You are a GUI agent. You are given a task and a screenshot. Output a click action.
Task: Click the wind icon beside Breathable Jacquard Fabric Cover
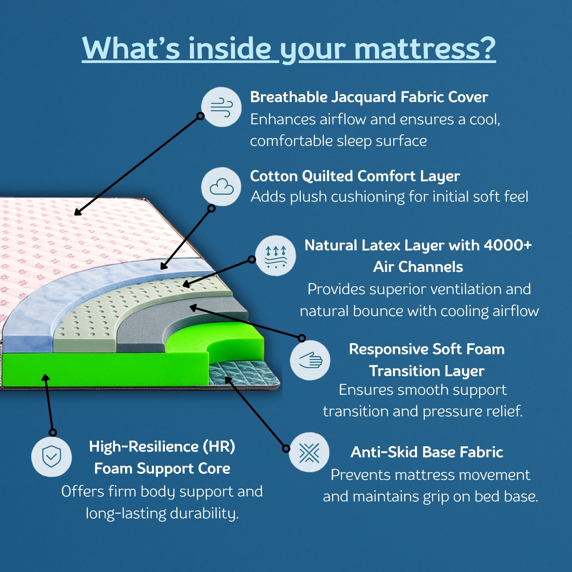click(221, 107)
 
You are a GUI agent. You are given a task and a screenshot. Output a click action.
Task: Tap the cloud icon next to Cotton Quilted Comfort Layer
click(221, 186)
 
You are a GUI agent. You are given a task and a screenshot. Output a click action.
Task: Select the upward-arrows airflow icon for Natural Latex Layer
click(276, 256)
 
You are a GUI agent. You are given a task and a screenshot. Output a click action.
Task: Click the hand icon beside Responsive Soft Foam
click(310, 360)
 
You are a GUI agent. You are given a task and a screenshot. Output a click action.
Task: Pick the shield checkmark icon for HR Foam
click(52, 457)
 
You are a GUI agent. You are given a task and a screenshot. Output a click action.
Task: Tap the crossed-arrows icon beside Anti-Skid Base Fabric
click(309, 452)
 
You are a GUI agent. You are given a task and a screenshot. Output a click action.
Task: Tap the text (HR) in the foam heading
click(219, 447)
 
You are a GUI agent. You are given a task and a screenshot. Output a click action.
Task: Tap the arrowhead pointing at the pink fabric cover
click(78, 212)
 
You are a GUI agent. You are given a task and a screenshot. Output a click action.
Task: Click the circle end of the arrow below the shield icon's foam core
click(53, 433)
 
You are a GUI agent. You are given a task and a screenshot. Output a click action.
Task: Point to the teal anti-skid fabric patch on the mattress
click(244, 374)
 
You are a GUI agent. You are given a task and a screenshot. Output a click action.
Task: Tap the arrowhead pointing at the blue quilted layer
click(164, 266)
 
